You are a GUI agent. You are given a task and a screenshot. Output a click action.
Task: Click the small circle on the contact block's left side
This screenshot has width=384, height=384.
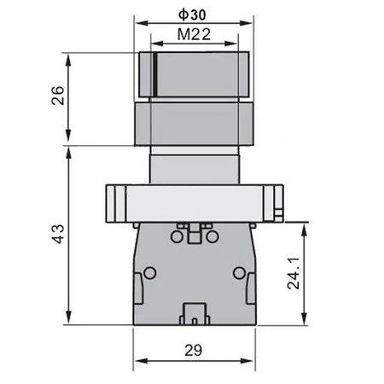coord(150,273)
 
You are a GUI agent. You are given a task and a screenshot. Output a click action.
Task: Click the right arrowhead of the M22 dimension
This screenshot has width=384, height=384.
coord(233,44)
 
